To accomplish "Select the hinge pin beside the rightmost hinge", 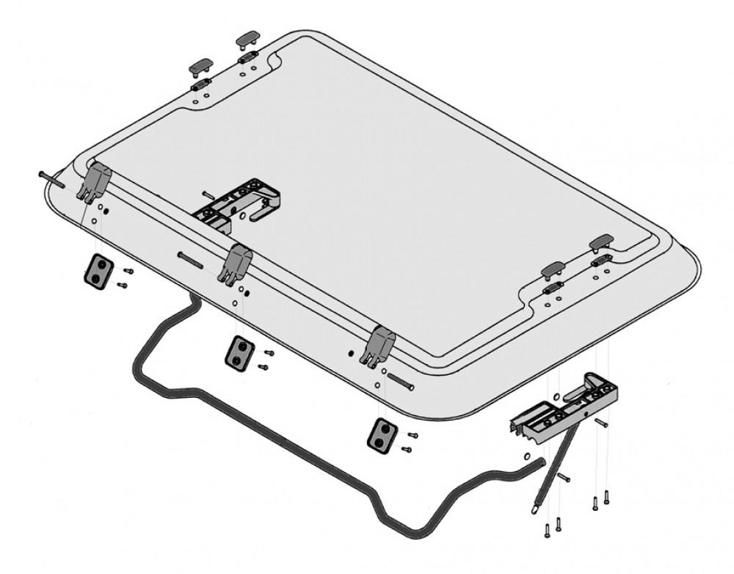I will pos(400,382).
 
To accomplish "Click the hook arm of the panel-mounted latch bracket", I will pos(265,214).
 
